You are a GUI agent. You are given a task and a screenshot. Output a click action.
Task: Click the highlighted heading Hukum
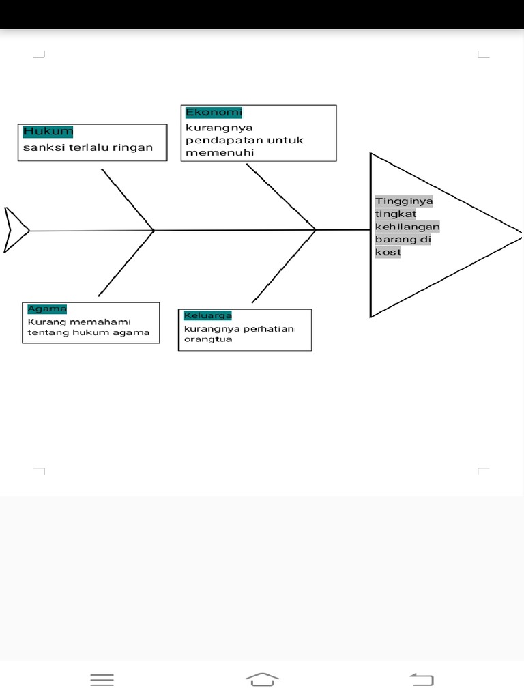[48, 132]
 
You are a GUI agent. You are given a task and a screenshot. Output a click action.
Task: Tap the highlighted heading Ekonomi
[214, 113]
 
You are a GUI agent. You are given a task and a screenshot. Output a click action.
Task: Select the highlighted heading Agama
[47, 309]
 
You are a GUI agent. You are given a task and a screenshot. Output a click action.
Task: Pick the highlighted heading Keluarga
[207, 315]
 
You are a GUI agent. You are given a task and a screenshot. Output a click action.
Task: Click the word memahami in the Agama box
[103, 322]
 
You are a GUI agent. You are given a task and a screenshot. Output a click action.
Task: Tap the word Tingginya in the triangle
[404, 201]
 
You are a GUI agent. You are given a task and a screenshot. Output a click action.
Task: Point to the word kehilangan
[407, 227]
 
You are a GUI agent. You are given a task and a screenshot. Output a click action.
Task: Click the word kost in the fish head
[388, 253]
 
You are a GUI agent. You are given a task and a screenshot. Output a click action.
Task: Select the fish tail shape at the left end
[15, 230]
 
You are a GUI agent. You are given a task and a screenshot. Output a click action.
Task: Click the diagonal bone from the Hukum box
[128, 199]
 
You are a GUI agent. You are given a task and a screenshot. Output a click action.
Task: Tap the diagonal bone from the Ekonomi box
[281, 197]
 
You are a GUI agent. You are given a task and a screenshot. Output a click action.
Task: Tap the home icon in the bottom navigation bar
[262, 679]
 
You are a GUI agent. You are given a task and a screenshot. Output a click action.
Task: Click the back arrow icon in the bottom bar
[422, 679]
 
